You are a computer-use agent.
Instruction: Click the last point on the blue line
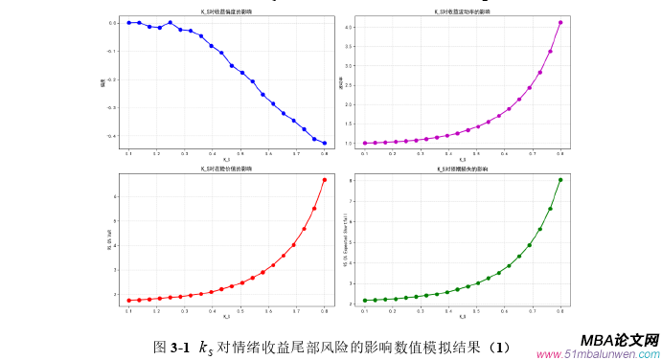[325, 144]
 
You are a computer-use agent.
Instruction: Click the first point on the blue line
[128, 22]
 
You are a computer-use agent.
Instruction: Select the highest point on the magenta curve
[560, 22]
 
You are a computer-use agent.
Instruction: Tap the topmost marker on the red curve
[325, 180]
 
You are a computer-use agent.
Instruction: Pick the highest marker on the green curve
[560, 180]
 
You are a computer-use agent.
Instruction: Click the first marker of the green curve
[365, 301]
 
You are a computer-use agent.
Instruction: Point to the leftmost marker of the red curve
[128, 301]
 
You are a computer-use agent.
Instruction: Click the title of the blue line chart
[226, 11]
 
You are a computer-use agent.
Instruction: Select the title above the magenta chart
[462, 11]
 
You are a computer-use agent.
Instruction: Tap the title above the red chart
[226, 169]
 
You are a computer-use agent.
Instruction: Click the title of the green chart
[462, 169]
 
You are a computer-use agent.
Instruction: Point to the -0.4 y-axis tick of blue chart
[114, 136]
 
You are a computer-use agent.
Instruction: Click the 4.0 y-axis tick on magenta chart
[352, 28]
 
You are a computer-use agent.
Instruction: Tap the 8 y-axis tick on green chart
[353, 180]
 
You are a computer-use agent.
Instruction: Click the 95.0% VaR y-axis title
[108, 240]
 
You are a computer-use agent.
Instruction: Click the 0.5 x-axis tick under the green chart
[463, 311]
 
